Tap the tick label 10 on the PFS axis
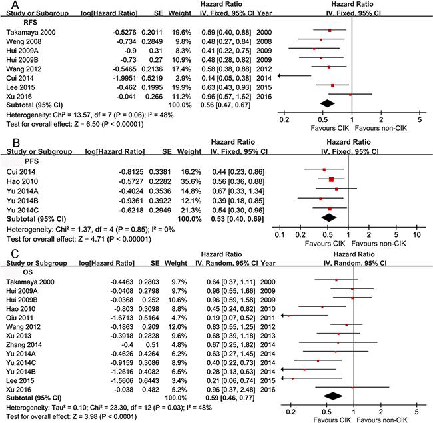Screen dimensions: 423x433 point(416,235)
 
